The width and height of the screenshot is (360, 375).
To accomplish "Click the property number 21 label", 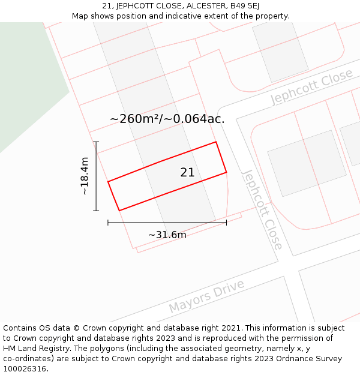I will (187, 173).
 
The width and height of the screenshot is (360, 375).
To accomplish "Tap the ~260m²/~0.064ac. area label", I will (167, 119).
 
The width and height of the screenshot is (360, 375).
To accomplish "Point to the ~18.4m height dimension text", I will (85, 176).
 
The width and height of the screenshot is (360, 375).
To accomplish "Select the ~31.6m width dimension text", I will (167, 235).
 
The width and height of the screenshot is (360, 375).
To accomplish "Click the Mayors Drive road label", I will (206, 295).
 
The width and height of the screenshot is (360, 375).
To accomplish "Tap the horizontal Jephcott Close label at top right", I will (311, 87).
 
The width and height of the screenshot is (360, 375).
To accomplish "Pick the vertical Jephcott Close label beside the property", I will (262, 209).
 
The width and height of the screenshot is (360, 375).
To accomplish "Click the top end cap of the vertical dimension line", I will (96, 142).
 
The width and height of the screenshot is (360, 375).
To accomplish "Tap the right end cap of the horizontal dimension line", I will (226, 223).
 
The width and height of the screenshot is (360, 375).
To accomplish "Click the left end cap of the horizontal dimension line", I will (108, 223).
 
